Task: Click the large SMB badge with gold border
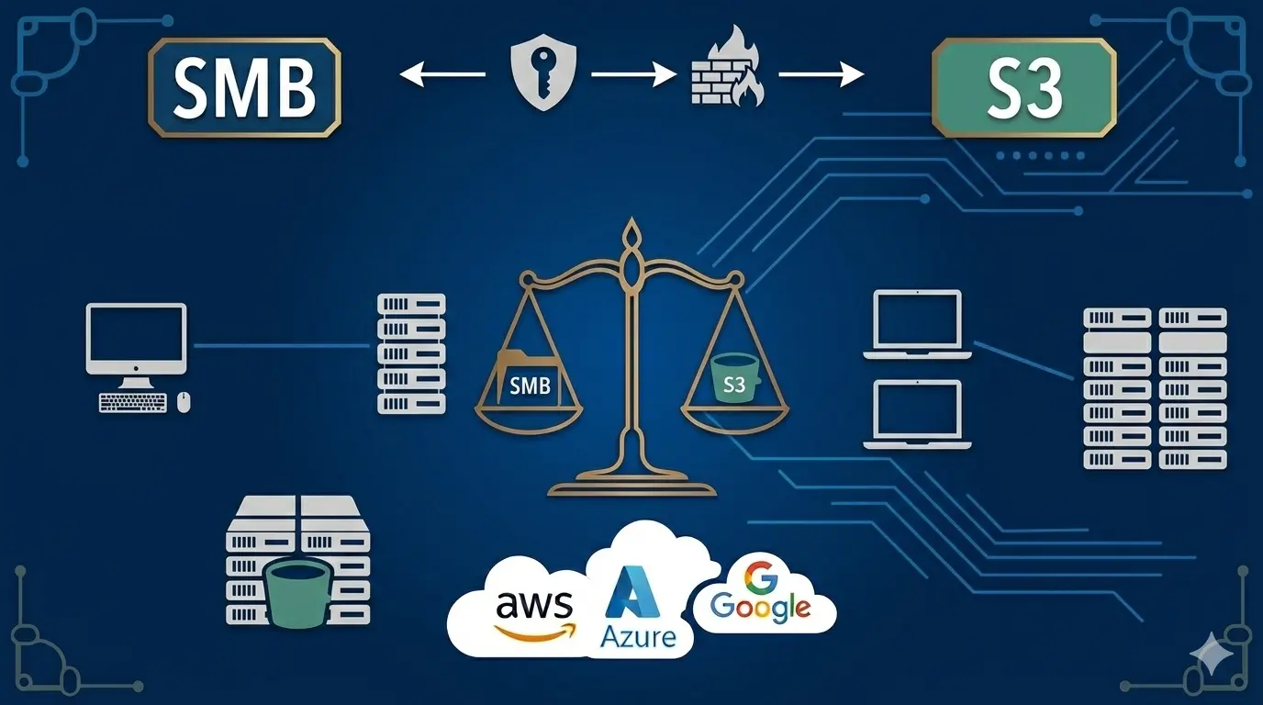244,87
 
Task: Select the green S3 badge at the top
1023,87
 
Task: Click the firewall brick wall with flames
726,71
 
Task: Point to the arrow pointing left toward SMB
442,74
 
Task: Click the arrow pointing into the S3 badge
821,74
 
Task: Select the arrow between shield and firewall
633,74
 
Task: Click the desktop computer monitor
136,339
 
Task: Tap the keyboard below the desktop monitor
133,402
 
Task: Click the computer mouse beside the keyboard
184,402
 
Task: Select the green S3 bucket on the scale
734,378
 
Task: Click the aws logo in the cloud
534,613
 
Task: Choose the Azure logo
638,610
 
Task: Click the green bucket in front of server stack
296,592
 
